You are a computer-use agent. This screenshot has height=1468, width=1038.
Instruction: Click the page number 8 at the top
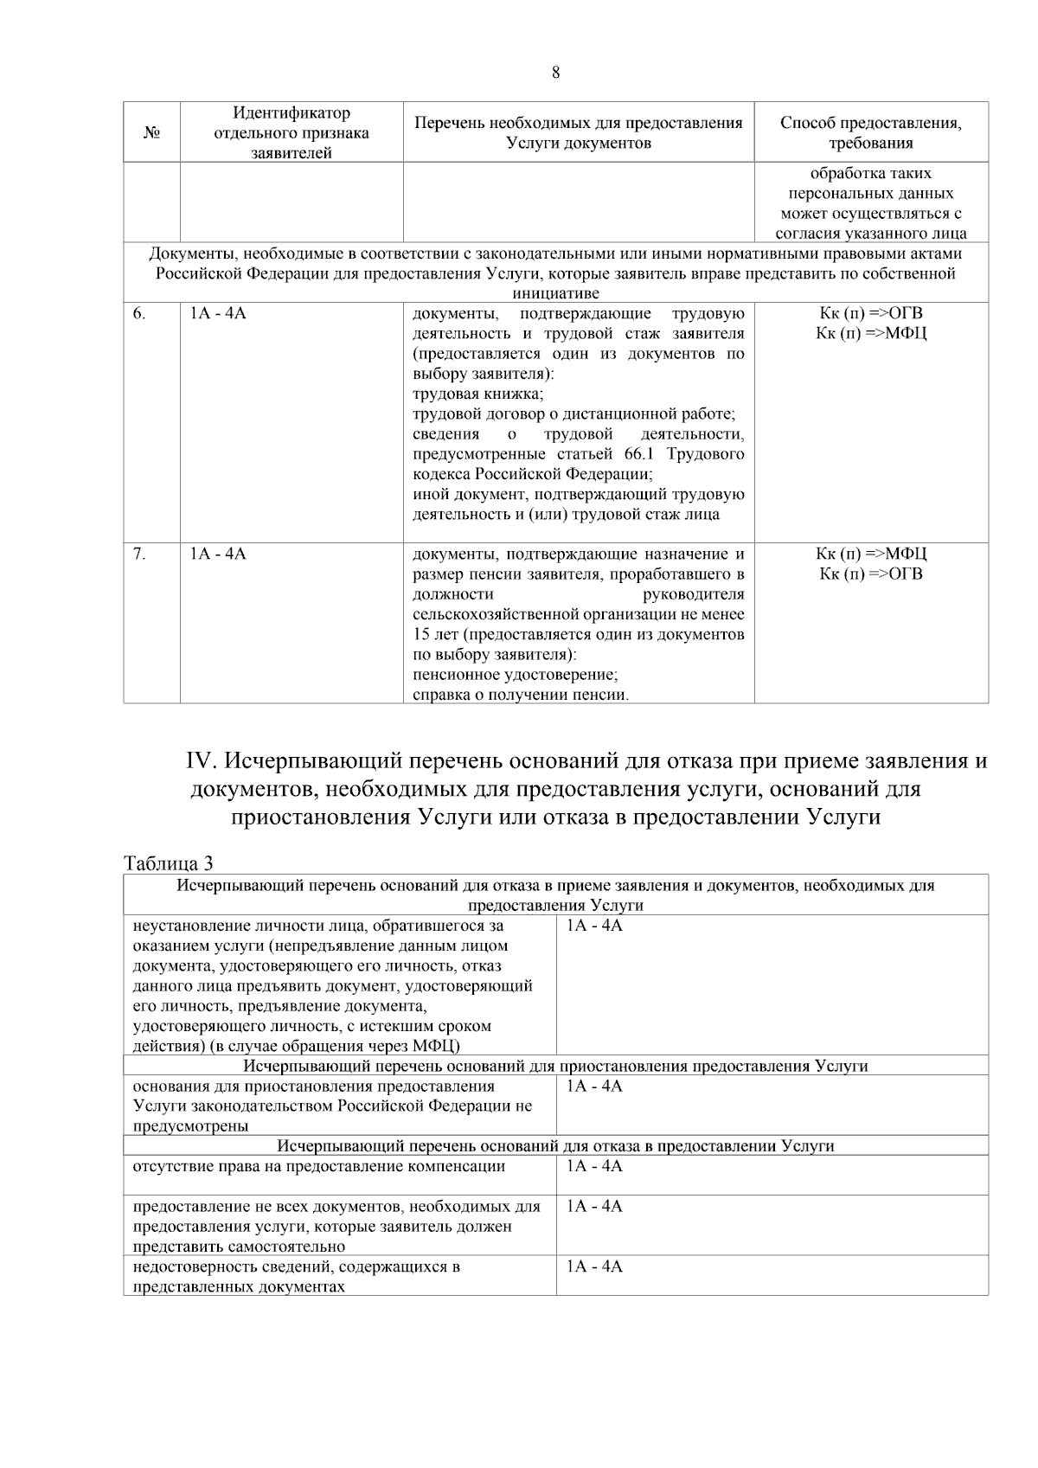click(555, 73)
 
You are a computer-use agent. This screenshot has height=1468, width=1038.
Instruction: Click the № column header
click(151, 133)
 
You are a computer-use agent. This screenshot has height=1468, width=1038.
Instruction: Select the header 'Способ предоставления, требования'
click(870, 132)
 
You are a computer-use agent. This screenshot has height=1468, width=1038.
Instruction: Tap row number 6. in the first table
click(139, 314)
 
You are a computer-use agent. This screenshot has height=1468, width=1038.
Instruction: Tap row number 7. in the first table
click(139, 555)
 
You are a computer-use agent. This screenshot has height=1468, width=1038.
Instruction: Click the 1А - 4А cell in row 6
click(218, 314)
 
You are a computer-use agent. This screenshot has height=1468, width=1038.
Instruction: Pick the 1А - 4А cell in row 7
click(218, 555)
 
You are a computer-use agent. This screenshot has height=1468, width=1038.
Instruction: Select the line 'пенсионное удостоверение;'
click(515, 675)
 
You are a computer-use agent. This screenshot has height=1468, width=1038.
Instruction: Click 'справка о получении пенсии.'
click(521, 695)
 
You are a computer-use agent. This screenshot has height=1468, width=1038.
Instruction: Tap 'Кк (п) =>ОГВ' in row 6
click(870, 314)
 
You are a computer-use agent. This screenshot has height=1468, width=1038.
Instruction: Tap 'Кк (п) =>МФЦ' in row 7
click(870, 555)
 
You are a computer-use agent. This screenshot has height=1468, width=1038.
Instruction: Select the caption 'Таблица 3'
click(169, 863)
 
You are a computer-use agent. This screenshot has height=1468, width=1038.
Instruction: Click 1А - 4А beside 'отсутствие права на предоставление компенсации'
click(594, 1167)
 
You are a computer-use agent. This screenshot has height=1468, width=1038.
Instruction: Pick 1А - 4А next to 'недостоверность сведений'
click(594, 1267)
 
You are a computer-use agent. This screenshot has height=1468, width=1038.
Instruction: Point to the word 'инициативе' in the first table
click(555, 293)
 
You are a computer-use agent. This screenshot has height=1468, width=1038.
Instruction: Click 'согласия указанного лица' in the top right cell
click(870, 234)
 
